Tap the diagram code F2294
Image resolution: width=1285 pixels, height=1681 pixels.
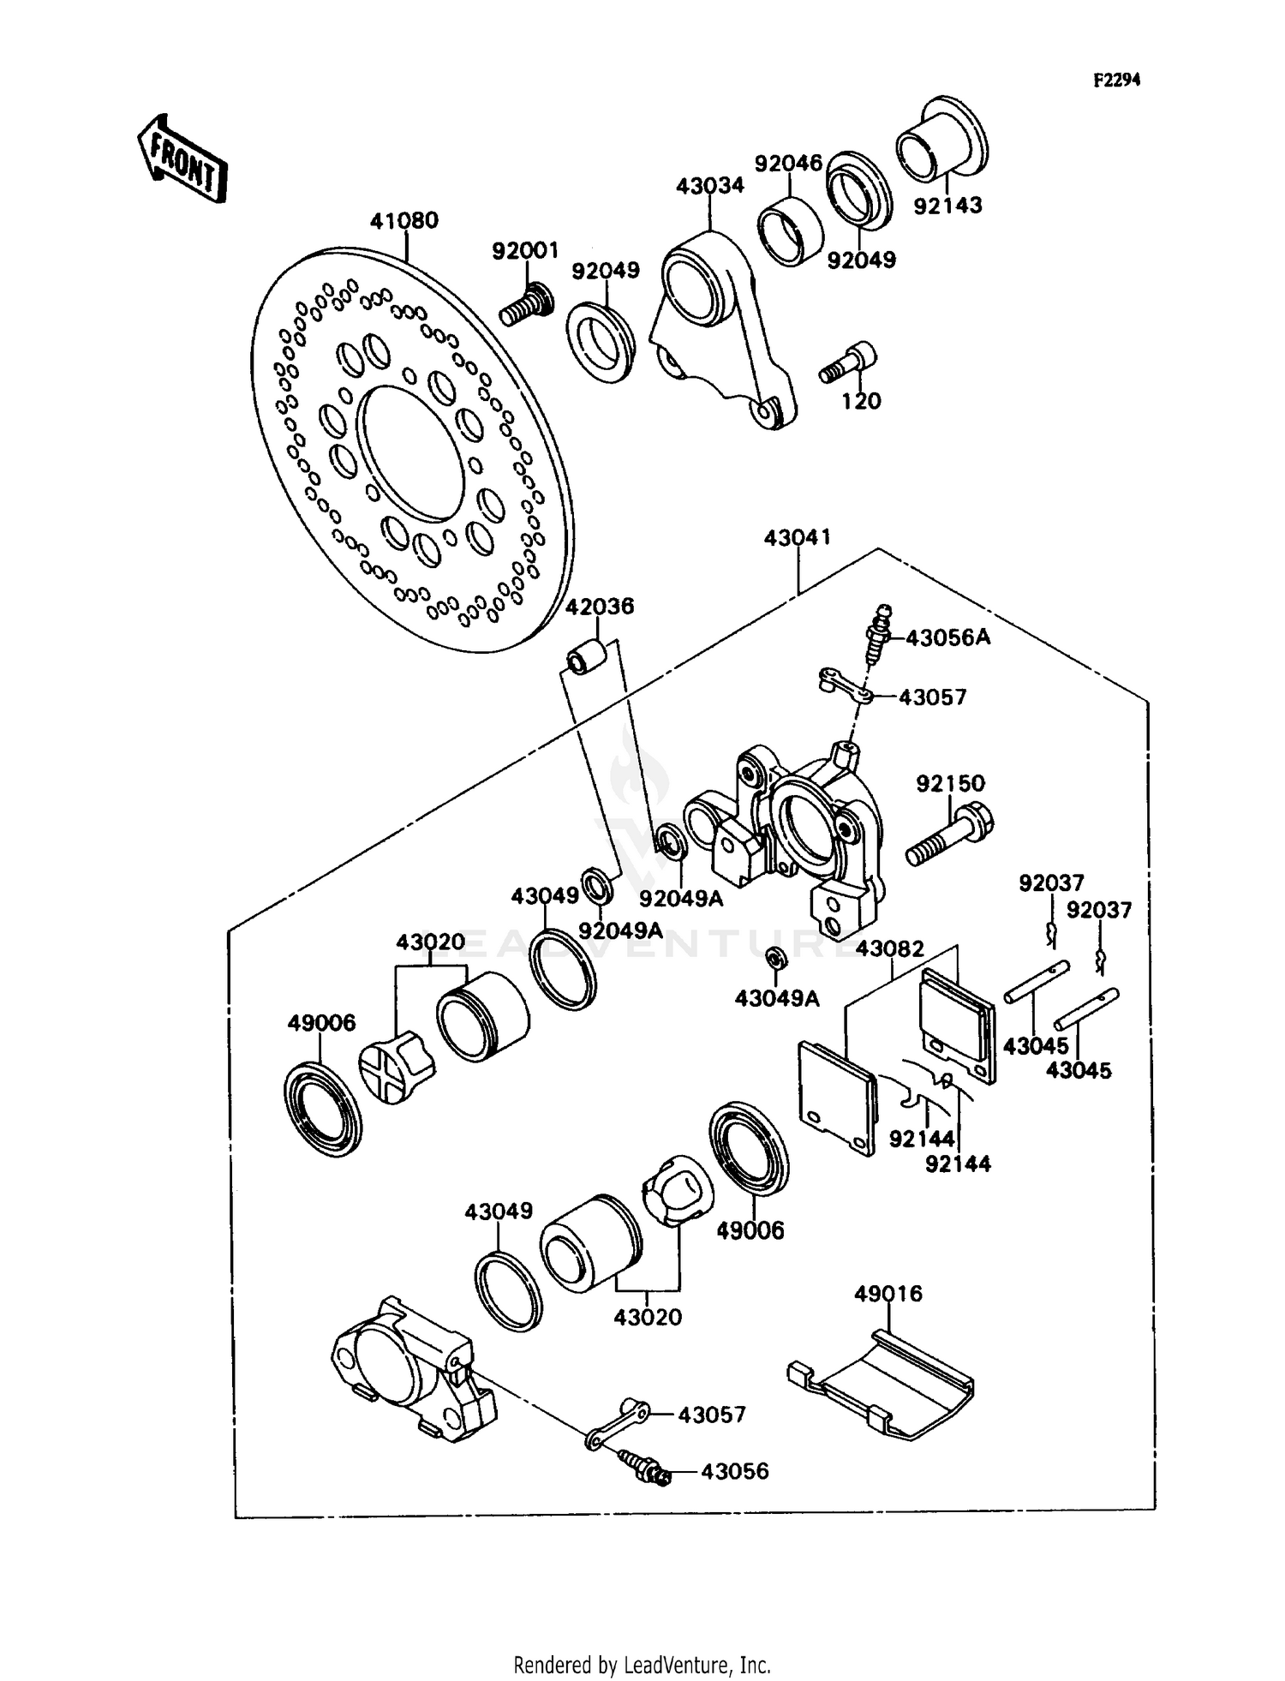1117,80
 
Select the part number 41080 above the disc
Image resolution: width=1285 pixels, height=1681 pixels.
403,221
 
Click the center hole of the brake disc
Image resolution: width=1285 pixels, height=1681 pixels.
410,453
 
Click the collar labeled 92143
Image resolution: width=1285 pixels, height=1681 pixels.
941,143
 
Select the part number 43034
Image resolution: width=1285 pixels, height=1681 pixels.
709,186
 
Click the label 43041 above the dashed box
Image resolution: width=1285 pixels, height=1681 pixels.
797,538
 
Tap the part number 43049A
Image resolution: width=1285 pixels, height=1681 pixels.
777,998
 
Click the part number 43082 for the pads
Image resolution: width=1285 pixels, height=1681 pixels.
890,949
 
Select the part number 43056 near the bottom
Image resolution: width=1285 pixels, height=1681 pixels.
734,1471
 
